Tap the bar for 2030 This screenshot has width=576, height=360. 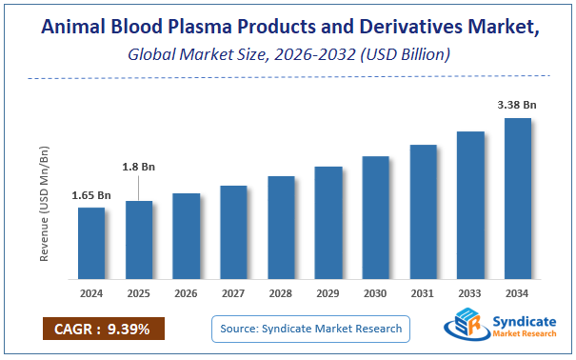click(375, 217)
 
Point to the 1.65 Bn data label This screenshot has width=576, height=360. click(91, 195)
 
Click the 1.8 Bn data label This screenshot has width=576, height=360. click(138, 167)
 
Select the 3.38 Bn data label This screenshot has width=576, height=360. click(518, 106)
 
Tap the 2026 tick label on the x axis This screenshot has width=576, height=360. click(186, 294)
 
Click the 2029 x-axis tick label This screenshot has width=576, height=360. click(328, 294)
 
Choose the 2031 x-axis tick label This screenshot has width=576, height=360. click(423, 294)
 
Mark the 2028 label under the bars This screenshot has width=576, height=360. click(280, 294)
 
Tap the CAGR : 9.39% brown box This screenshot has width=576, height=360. click(103, 330)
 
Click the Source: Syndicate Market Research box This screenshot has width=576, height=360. click(310, 330)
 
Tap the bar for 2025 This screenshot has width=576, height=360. click(138, 240)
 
